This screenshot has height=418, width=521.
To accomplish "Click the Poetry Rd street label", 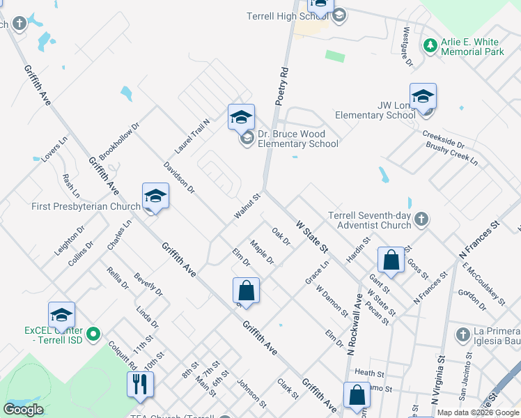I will [x=281, y=86].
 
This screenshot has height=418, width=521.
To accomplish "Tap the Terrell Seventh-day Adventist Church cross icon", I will [x=421, y=221].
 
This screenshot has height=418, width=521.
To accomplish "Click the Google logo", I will [x=24, y=410].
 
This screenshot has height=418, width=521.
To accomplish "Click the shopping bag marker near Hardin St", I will [x=391, y=260].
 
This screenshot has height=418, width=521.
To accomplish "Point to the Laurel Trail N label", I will [x=192, y=136].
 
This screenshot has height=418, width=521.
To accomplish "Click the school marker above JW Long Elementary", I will [x=423, y=98].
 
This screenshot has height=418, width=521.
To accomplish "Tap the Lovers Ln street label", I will [x=54, y=149].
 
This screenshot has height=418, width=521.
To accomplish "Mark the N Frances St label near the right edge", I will [x=480, y=240].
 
